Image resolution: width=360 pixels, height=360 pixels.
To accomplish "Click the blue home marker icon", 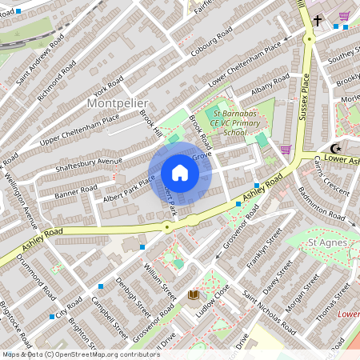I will click(180, 173).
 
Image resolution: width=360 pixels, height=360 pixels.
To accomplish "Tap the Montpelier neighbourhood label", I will click(116, 104).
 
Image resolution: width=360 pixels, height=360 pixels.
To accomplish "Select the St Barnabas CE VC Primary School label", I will click(223, 123).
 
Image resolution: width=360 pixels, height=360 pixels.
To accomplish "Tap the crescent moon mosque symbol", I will click(336, 149).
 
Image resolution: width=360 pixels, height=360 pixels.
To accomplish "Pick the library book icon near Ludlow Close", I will click(193, 295).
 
